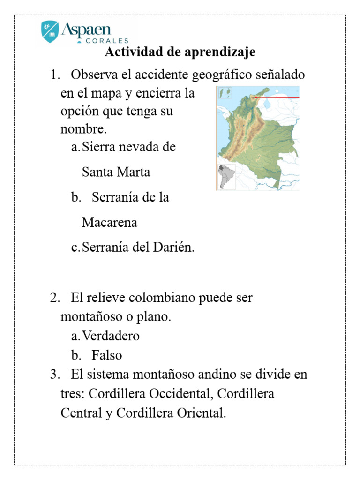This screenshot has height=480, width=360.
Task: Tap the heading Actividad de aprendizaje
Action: point(180,52)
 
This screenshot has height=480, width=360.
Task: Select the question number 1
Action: point(55,75)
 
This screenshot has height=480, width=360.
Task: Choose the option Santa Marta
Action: point(116,172)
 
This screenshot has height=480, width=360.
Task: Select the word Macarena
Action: point(110,222)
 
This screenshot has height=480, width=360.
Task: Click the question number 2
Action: point(55,298)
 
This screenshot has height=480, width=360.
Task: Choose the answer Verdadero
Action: point(111,336)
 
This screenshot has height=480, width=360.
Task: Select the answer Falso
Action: point(107,355)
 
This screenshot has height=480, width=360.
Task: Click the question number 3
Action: point(55,375)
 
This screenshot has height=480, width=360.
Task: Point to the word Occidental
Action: point(182,394)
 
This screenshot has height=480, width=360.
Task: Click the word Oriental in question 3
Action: point(201,413)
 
